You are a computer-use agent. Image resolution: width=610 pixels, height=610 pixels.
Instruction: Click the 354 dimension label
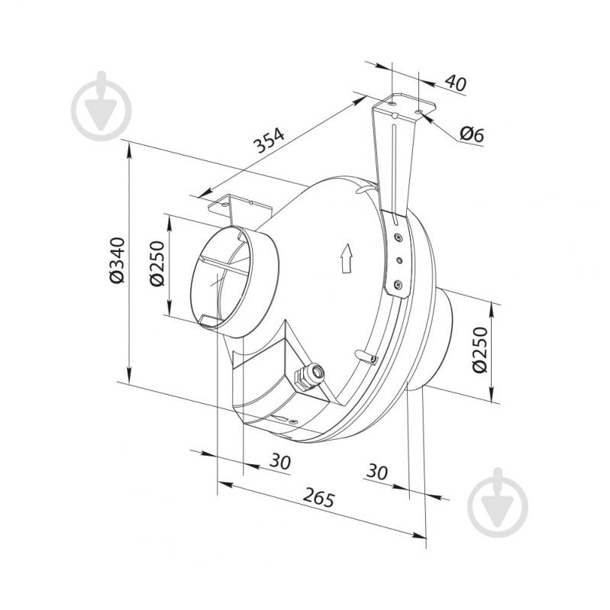click(269, 140)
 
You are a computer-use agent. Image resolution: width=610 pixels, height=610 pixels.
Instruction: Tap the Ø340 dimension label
click(117, 260)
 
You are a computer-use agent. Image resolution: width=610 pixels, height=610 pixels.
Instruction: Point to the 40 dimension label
click(455, 82)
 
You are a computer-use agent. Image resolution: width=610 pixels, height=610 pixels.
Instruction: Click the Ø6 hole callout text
click(472, 134)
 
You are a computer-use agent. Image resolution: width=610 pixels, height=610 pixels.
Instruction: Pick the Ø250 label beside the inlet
click(157, 263)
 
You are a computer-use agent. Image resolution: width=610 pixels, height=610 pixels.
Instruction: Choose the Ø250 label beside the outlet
click(480, 350)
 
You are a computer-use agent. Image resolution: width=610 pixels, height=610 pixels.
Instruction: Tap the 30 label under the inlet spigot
click(280, 462)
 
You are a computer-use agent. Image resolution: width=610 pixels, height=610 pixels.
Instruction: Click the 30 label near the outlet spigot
click(377, 472)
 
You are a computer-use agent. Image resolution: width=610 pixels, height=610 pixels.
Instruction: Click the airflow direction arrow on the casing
click(346, 259)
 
